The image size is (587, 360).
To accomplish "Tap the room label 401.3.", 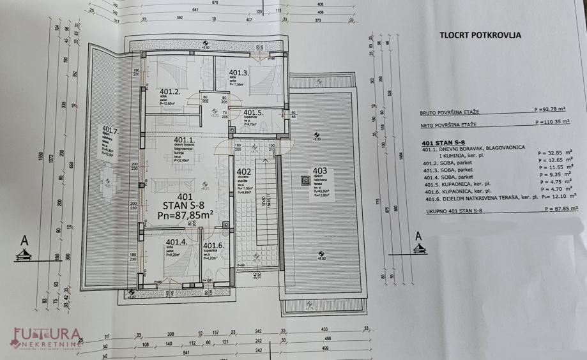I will (x=238, y=73).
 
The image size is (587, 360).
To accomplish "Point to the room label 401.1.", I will (x=184, y=140).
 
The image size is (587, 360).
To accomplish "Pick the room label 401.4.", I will (x=176, y=243).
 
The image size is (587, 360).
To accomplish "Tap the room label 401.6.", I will (x=213, y=245).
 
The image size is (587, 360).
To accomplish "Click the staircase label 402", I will (x=243, y=172).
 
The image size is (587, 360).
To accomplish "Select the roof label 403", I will (x=319, y=170).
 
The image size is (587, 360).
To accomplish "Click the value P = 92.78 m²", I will (x=555, y=110).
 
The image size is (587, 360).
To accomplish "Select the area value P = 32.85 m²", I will (x=555, y=153).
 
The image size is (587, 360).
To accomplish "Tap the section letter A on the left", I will (x=24, y=241).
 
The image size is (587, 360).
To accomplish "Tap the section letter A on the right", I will (x=419, y=236).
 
